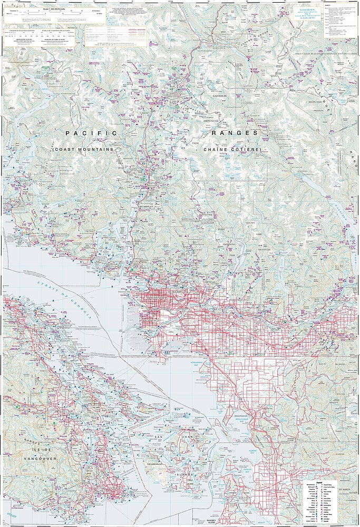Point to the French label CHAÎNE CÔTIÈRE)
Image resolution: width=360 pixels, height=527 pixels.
click(x=231, y=150)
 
